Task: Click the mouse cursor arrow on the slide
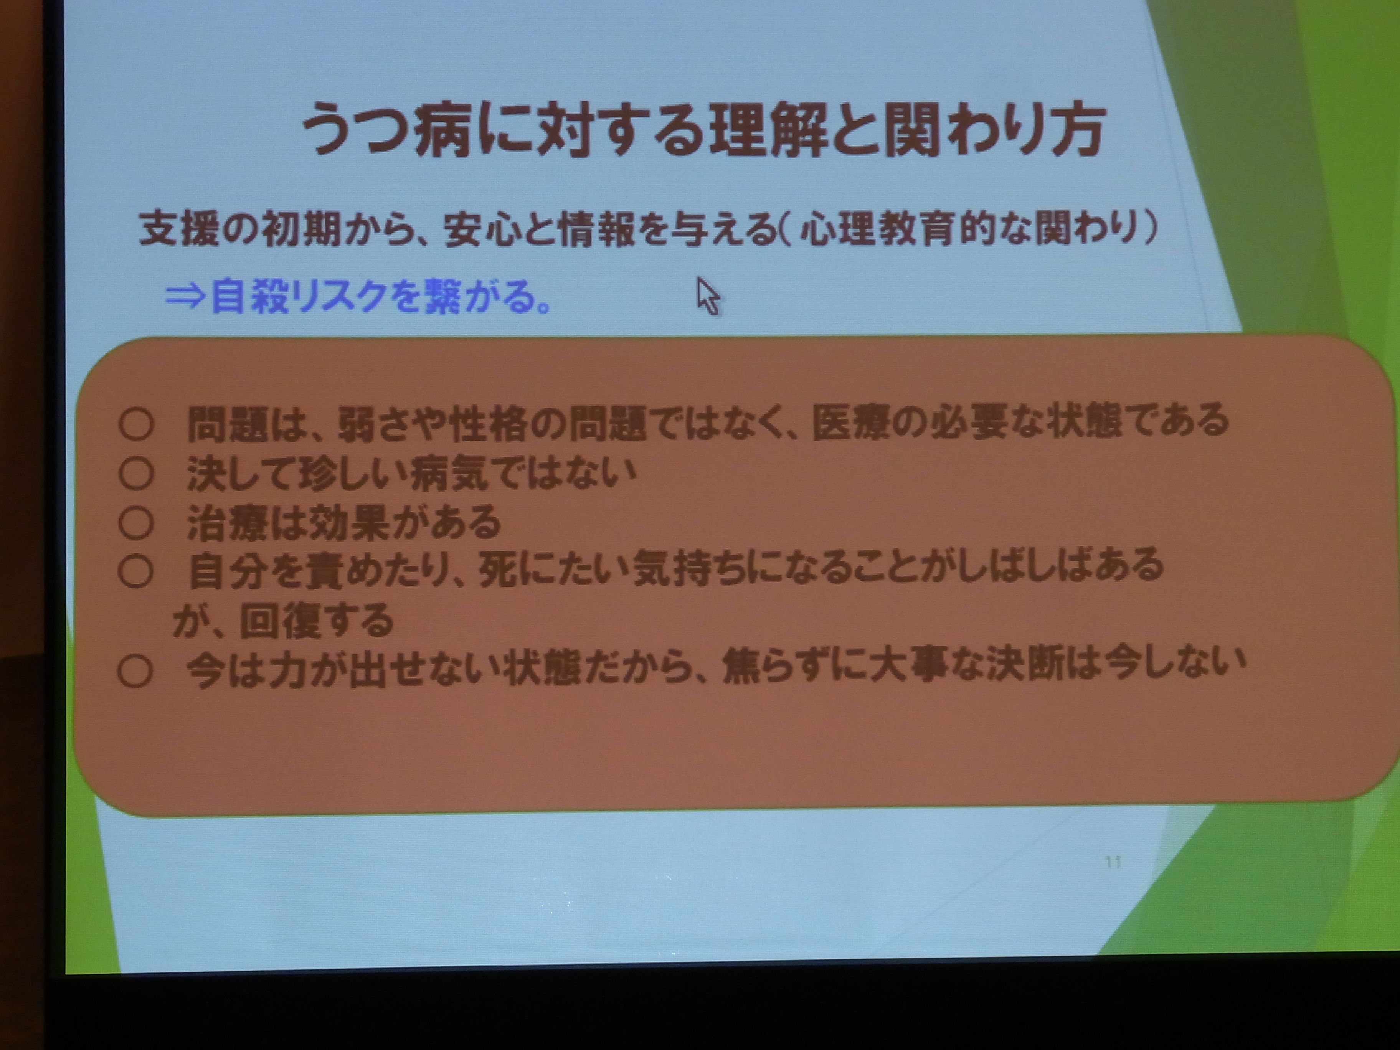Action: pos(708,296)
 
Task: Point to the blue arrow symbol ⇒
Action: pos(185,296)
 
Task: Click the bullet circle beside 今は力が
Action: pos(135,672)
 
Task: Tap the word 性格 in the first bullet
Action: pos(487,423)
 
